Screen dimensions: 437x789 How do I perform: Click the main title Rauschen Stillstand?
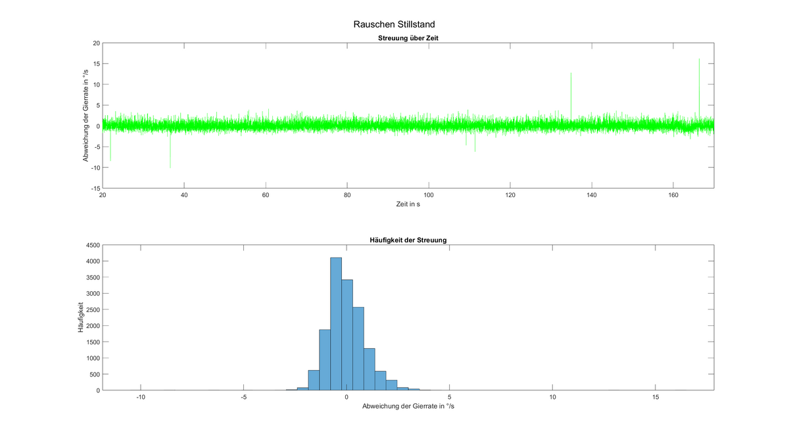[394, 24]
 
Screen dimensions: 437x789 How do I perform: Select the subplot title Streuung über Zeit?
[408, 38]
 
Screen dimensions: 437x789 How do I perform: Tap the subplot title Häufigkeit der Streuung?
[408, 240]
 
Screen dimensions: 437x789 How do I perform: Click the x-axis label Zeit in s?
[408, 205]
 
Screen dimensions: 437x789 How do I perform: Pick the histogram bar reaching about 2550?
[358, 349]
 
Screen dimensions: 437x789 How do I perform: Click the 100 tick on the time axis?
[429, 195]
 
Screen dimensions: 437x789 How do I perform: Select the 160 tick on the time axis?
[673, 195]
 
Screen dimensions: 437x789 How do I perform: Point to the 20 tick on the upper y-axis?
[96, 43]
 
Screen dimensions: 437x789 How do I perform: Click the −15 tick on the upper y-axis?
[95, 188]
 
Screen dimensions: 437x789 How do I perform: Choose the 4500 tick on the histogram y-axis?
[91, 245]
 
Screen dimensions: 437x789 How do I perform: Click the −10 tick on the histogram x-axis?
[140, 398]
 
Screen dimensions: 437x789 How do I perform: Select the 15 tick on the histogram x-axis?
[656, 398]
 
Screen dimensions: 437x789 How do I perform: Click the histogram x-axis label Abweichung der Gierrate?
[408, 407]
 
